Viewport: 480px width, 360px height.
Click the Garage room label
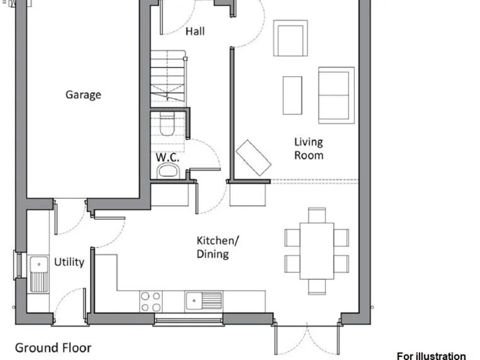[83, 95]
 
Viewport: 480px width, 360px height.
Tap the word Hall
[195, 31]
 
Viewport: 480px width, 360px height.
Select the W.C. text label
[167, 157]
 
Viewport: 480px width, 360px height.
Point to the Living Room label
[309, 149]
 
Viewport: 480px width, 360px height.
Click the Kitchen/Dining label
[217, 247]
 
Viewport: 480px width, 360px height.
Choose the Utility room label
[69, 262]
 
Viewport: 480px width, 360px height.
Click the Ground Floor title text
[53, 347]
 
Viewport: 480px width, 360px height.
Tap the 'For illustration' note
[431, 356]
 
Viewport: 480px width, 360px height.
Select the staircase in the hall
[168, 78]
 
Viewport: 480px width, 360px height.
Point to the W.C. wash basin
[168, 171]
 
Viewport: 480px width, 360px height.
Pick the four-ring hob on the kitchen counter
[151, 301]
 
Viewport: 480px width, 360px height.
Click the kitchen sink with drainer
[204, 301]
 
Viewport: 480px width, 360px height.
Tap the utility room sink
[39, 274]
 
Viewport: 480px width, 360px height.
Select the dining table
[316, 251]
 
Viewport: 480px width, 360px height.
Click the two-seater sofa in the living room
[336, 95]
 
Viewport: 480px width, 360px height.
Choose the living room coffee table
[292, 95]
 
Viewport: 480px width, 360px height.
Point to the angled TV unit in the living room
[253, 157]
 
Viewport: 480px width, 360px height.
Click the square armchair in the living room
[291, 37]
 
